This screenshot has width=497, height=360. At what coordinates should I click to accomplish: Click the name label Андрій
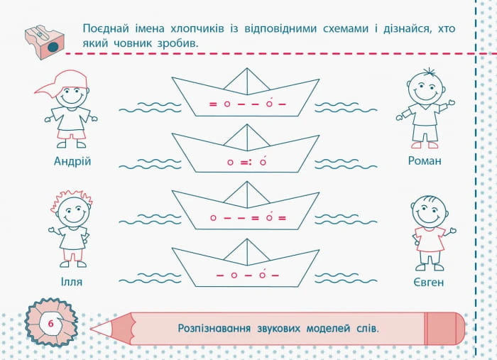pyautogui.click(x=72, y=162)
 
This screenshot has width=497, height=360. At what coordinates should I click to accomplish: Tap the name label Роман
pyautogui.click(x=425, y=161)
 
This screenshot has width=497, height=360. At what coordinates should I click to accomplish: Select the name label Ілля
pyautogui.click(x=71, y=282)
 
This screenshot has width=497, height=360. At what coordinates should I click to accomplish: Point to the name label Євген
pyautogui.click(x=428, y=282)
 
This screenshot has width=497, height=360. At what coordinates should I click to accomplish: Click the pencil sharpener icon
pyautogui.click(x=44, y=42)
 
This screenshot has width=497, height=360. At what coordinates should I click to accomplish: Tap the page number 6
pyautogui.click(x=50, y=324)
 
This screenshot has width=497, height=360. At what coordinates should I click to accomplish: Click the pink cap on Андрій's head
pyautogui.click(x=62, y=81)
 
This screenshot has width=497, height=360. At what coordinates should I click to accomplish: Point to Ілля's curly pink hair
pyautogui.click(x=71, y=198)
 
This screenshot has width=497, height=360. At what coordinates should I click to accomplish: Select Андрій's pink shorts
pyautogui.click(x=71, y=134)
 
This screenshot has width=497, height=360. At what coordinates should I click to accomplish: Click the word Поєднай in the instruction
pyautogui.click(x=106, y=29)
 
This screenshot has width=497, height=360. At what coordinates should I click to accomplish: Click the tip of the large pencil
pyautogui.click(x=91, y=329)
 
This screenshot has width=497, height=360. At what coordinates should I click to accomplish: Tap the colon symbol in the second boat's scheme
pyautogui.click(x=250, y=163)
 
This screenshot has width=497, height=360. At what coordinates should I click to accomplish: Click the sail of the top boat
pyautogui.click(x=247, y=82)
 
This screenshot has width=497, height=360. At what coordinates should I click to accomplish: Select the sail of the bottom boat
pyautogui.click(x=247, y=253)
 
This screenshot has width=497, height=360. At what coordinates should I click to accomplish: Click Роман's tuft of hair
pyautogui.click(x=429, y=72)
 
